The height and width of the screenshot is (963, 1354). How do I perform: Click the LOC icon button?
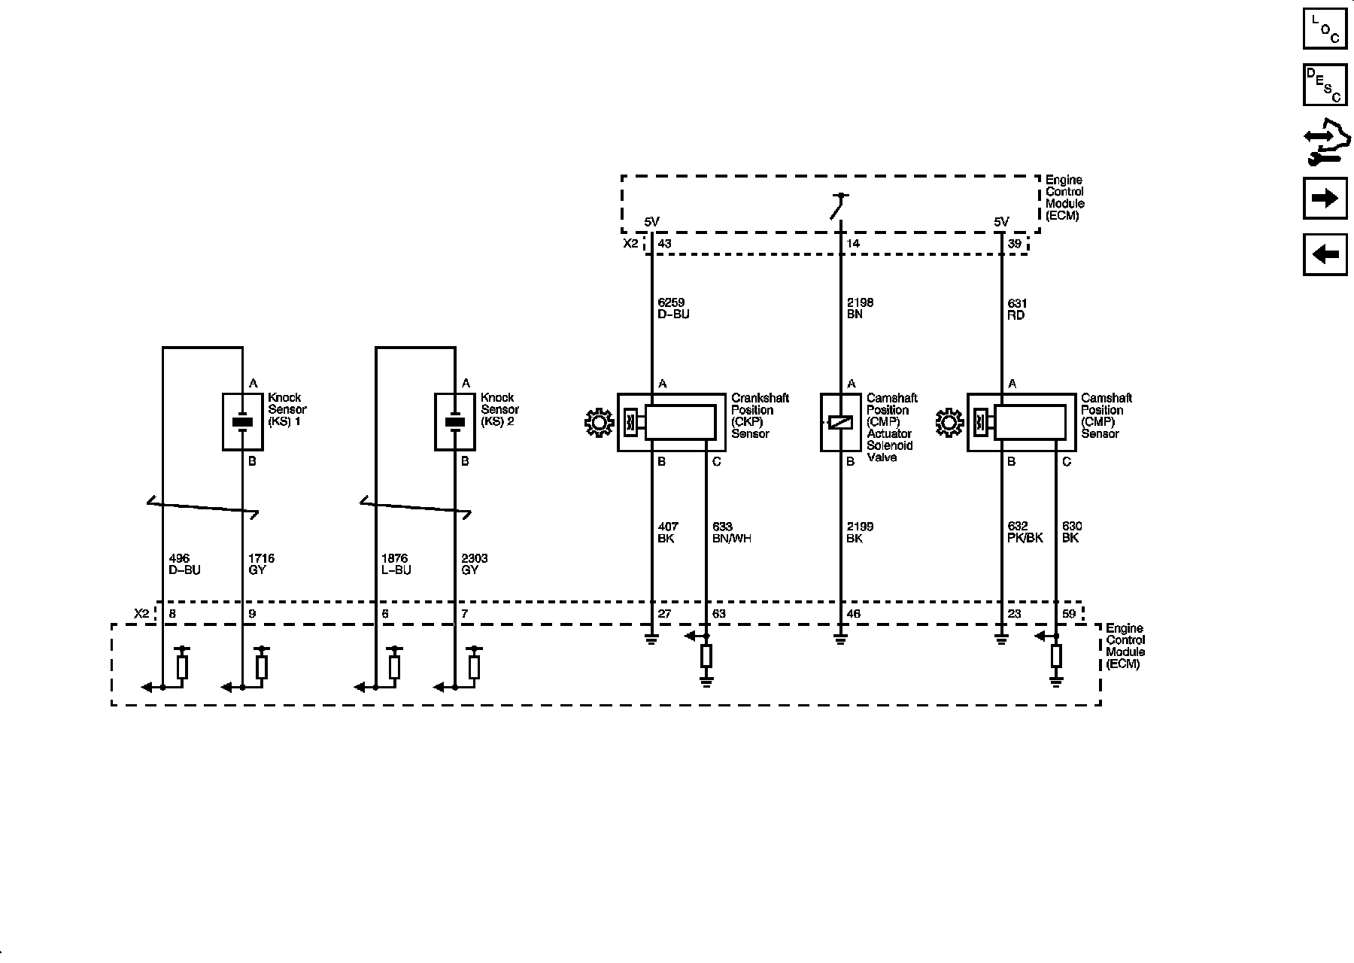pos(1325,29)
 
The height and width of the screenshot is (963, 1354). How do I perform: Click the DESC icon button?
pos(1325,85)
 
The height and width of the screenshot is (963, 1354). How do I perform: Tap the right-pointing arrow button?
pos(1325,198)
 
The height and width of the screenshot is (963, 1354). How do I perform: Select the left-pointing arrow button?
pos(1325,254)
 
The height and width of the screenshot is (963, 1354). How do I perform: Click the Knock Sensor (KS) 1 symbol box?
pos(242,421)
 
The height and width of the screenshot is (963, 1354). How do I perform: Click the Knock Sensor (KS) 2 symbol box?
pos(455,421)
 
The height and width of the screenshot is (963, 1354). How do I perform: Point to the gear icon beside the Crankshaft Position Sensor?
pos(600,422)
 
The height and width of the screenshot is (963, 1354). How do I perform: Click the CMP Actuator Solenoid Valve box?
pos(840,422)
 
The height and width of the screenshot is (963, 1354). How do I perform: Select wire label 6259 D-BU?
pos(672,308)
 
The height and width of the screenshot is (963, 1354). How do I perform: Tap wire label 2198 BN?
pos(860,308)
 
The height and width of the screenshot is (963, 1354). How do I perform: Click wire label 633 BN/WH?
pos(731,533)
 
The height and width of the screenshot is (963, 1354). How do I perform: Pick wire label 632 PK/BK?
pos(1024,533)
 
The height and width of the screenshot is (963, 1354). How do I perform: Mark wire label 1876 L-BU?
pos(396,564)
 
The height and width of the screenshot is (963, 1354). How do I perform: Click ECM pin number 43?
pos(664,244)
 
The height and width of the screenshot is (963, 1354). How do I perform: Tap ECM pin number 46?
pos(853,614)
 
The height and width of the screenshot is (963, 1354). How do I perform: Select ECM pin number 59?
pos(1068,614)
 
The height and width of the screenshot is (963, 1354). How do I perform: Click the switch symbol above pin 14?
pos(840,206)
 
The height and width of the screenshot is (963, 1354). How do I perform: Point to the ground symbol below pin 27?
pos(651,639)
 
